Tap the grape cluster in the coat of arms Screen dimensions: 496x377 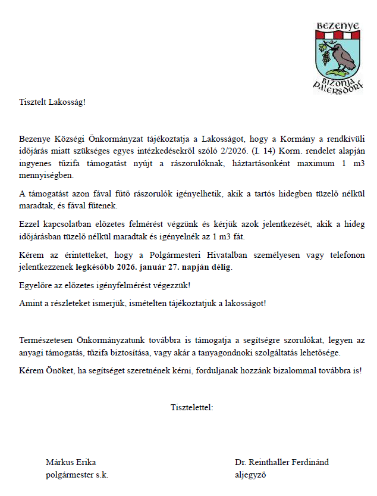(x=325, y=58)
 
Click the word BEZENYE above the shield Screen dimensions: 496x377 (x=337, y=26)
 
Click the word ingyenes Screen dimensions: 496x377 (x=34, y=159)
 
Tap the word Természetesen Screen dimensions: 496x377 (x=46, y=340)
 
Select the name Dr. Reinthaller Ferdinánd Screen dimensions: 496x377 (x=282, y=462)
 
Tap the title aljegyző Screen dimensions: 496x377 (x=250, y=475)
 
